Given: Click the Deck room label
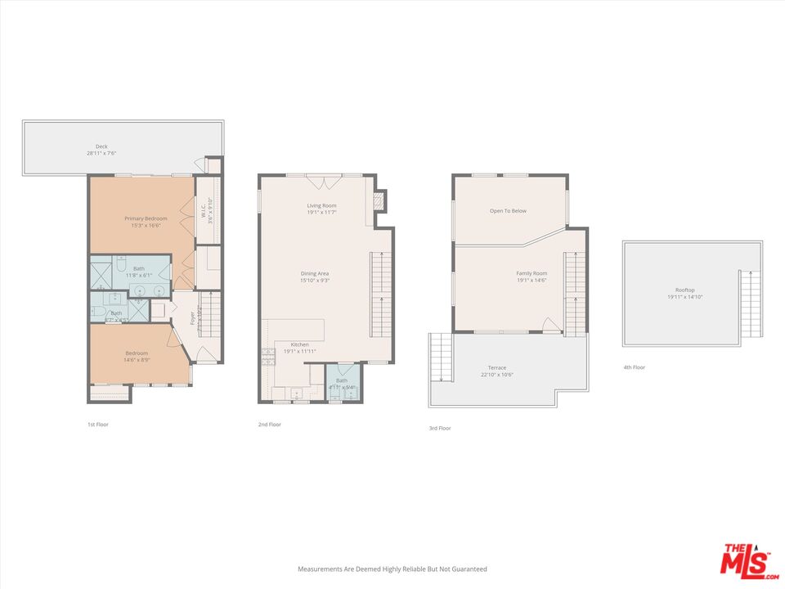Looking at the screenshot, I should [x=101, y=146].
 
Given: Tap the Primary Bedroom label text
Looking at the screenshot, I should [x=146, y=218].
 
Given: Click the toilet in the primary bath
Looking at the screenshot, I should [x=120, y=264].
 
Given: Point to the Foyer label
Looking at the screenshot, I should [x=193, y=317].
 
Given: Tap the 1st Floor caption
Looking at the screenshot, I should [x=97, y=425].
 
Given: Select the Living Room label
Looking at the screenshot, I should [x=321, y=205].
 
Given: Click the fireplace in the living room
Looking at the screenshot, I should [x=379, y=201].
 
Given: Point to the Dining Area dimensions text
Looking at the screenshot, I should [x=314, y=281].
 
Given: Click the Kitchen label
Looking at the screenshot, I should [x=299, y=344].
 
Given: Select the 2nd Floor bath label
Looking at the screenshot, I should [x=341, y=380].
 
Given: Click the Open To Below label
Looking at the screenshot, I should [x=508, y=211].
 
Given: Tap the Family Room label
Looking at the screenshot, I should [x=532, y=273].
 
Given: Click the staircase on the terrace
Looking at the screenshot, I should [x=440, y=357].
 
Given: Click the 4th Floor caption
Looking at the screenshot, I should [x=634, y=367].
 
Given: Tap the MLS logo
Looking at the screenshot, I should [x=745, y=561].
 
